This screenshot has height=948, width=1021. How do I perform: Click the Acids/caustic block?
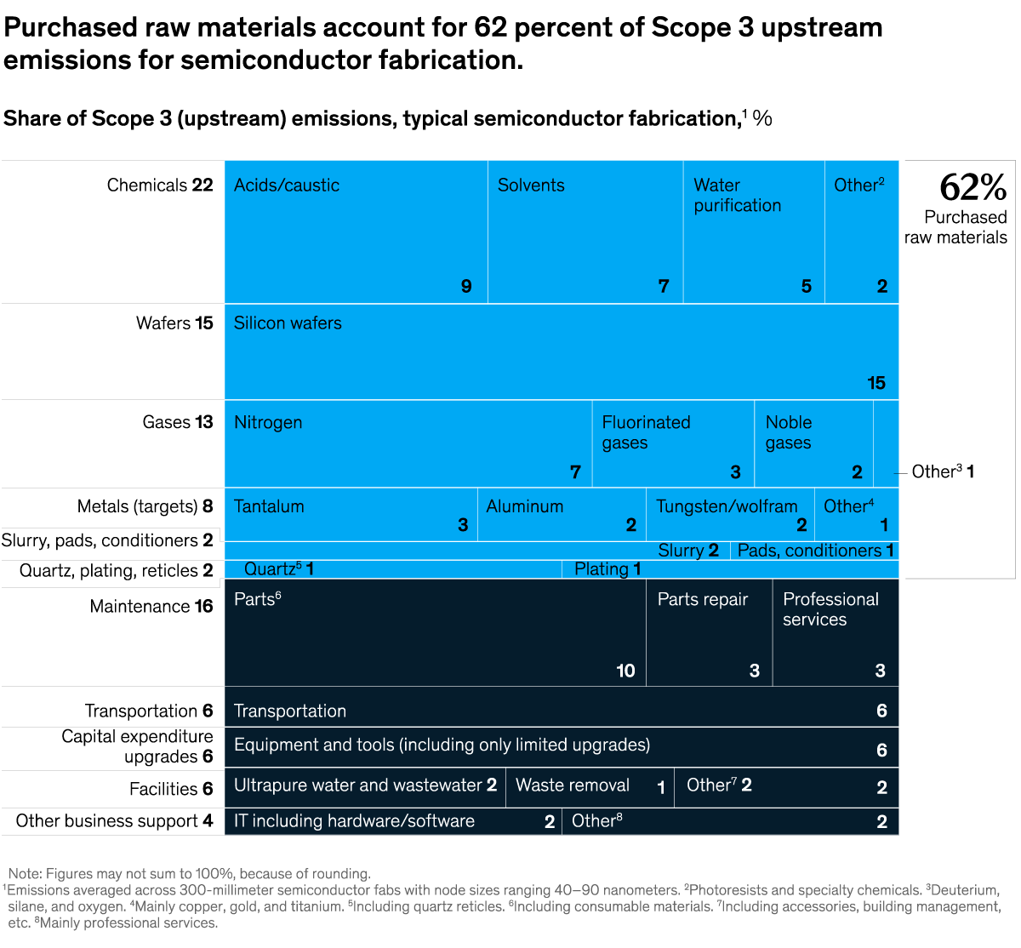pos(356,231)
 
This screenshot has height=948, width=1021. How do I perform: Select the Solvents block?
pos(585,231)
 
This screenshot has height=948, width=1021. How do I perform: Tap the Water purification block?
pos(754,231)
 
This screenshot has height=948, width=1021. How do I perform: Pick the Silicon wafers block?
pos(562,351)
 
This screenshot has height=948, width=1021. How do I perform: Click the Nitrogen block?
pos(408,443)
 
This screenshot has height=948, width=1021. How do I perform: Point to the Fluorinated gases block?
pos(673,443)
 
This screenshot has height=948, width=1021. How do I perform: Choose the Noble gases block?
pos(813,443)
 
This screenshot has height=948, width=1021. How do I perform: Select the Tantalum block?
pos(351,514)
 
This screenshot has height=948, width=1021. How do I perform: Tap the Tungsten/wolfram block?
pos(730,514)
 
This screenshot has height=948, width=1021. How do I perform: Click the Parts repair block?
pos(709,632)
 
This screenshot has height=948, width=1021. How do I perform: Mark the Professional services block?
pos(836,632)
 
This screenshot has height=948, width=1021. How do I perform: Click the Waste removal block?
pos(590,787)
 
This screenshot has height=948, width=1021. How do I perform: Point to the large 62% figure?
pos(973,187)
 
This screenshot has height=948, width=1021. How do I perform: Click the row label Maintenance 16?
pos(151,606)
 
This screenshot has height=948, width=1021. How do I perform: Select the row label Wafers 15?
pos(174,323)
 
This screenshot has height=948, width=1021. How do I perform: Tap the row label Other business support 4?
pos(114,821)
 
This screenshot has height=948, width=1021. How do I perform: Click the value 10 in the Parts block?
pos(625,671)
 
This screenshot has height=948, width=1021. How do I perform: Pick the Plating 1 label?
pos(607,569)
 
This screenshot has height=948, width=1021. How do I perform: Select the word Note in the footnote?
pos(24,874)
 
